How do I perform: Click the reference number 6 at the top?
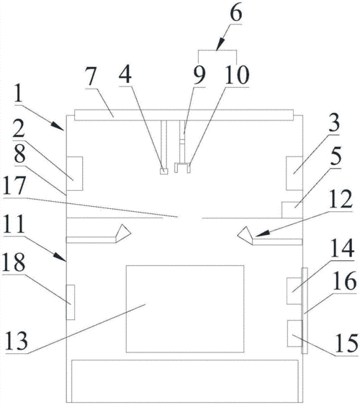(236, 13)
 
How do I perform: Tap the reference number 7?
(91, 76)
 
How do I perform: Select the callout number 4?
(125, 74)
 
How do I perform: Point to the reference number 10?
(237, 75)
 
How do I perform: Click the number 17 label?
(14, 185)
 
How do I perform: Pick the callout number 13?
(17, 341)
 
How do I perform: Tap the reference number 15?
(346, 343)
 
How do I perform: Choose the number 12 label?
(341, 199)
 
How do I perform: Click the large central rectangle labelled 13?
(185, 308)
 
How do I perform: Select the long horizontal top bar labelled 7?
(184, 115)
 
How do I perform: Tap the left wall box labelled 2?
(75, 174)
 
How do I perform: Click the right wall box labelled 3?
(294, 173)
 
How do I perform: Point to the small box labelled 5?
(292, 210)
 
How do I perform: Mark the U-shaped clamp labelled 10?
(183, 168)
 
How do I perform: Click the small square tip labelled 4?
(164, 172)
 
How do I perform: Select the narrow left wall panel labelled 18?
(71, 302)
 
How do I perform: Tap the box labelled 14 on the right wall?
(294, 291)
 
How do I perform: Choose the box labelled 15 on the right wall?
(294, 333)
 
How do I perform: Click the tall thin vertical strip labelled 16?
(305, 311)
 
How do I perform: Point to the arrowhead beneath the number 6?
(220, 44)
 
